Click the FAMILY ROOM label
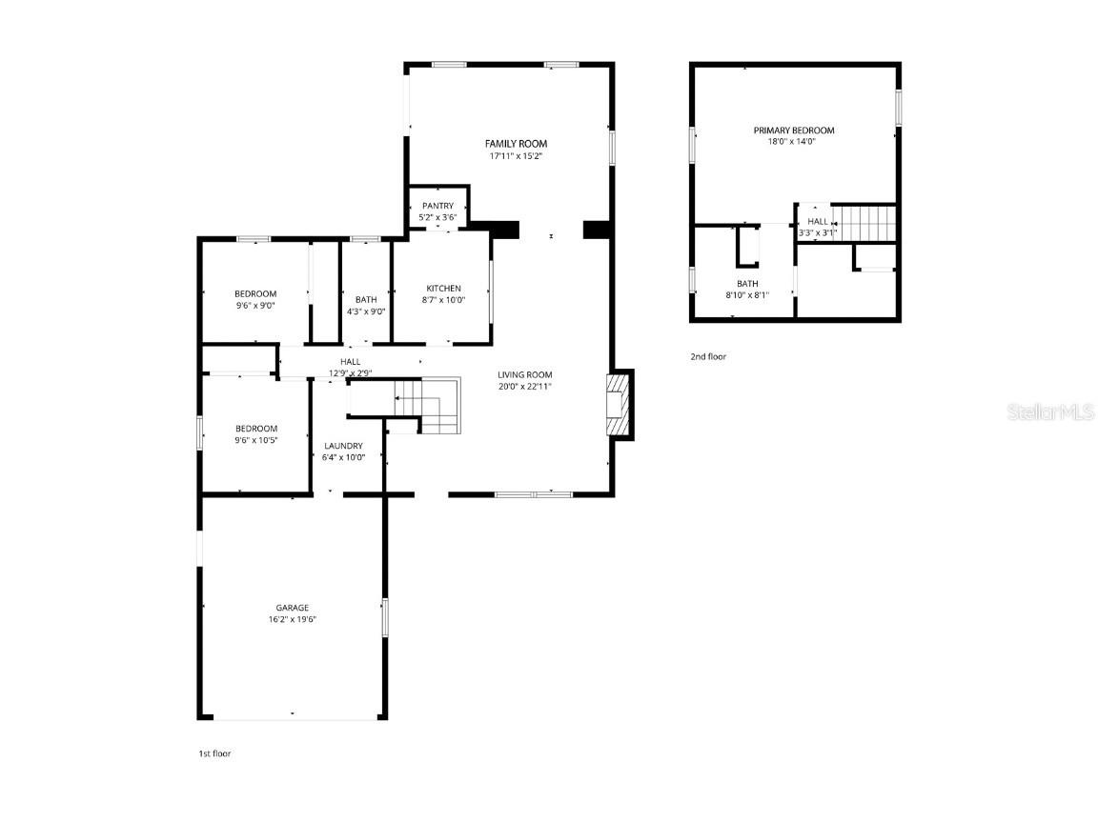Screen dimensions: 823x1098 tap(517, 144)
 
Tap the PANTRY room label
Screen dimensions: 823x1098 tap(437, 206)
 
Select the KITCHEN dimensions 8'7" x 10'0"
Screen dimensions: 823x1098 tap(443, 300)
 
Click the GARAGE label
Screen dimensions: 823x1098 tap(292, 608)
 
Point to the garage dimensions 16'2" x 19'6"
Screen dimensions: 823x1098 tap(292, 619)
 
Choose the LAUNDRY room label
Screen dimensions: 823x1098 tap(342, 446)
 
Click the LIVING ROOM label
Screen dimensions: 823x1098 tap(524, 374)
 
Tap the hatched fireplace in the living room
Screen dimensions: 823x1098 tap(619, 405)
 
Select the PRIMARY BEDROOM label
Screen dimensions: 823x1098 tap(793, 130)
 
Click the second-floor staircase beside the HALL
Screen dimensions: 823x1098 tap(866, 223)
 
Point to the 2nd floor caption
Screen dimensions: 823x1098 tap(708, 356)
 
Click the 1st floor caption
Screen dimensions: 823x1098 tap(213, 753)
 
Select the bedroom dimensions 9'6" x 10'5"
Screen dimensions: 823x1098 tap(255, 440)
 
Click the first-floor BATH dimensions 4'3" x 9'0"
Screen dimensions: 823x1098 tap(366, 311)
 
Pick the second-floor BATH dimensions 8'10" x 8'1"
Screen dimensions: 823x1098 tap(746, 294)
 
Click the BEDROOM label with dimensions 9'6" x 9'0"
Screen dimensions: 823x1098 tap(255, 293)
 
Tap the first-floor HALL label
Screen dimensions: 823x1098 tap(351, 362)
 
